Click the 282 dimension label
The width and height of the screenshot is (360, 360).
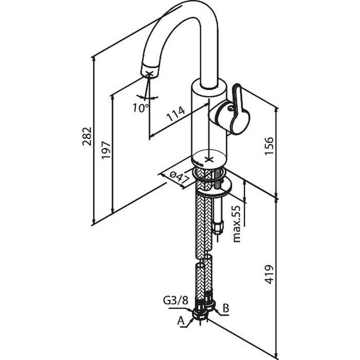point(87,136)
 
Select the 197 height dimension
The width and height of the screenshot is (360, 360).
point(106,150)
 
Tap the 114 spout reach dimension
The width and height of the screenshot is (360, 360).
point(176,114)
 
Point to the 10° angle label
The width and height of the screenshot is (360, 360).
point(140,107)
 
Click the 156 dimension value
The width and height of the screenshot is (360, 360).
point(269,146)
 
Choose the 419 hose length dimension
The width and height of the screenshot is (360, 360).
point(269,274)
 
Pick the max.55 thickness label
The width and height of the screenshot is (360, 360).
point(237,224)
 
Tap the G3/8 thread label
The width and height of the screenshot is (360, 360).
point(175,300)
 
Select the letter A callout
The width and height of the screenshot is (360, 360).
point(181,321)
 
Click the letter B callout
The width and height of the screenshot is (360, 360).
point(226,309)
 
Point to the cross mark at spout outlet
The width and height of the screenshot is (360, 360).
point(150,74)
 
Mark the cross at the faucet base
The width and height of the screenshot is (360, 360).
point(209,159)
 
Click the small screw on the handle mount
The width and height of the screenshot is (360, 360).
point(230,107)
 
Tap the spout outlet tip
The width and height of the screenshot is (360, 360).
point(150,71)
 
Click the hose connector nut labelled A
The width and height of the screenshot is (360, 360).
point(200,314)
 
